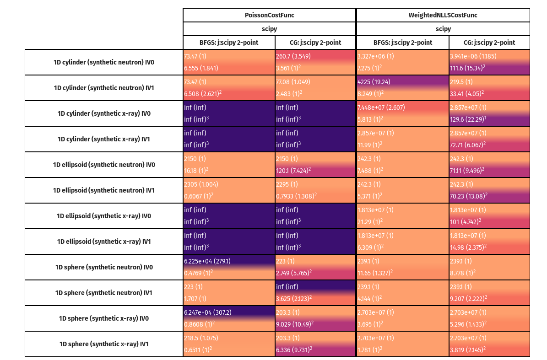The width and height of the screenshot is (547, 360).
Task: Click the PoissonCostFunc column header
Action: (x=269, y=15)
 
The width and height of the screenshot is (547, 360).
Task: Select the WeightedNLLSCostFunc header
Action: (x=443, y=15)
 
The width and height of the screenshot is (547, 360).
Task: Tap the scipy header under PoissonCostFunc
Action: (x=269, y=29)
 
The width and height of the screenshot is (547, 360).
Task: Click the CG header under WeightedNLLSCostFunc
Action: (x=489, y=43)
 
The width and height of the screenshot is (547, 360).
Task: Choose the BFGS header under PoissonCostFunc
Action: (x=229, y=43)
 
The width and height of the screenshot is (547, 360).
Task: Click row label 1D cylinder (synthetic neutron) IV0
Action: (x=104, y=62)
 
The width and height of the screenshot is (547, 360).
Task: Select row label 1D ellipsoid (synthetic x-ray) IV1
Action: (x=104, y=242)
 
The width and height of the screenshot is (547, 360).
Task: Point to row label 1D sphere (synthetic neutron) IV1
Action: (x=104, y=293)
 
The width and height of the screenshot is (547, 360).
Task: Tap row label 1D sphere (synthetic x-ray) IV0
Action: (x=104, y=318)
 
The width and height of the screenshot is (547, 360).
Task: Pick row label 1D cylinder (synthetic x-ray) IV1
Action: (x=104, y=139)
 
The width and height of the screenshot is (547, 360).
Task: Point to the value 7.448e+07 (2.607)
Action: (x=381, y=108)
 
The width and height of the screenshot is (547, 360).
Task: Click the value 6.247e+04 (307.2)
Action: (x=207, y=313)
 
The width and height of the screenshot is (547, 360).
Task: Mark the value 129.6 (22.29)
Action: (x=470, y=119)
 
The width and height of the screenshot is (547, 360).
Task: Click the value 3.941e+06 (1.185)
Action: (x=473, y=57)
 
